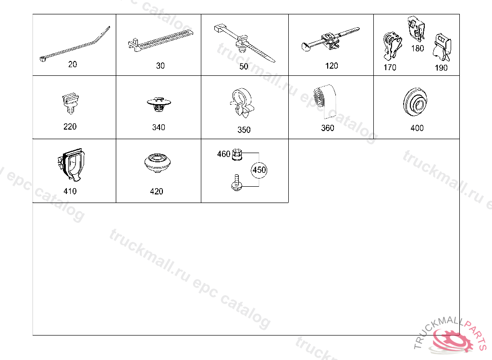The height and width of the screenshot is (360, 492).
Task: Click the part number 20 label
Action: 73,64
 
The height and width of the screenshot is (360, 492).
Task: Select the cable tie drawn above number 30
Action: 160,40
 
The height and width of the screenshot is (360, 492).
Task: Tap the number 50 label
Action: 244,67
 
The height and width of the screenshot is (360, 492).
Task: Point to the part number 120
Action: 332,66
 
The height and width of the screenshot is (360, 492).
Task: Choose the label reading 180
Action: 418,48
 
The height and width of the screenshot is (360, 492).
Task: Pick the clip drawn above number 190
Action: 442,48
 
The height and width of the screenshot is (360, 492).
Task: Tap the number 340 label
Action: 159,127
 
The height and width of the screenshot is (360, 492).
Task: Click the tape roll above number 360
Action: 324,101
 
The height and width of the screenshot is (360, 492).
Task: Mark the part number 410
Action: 70,192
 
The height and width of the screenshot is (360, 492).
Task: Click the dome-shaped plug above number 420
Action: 158,162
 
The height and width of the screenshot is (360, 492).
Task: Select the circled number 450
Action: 259,170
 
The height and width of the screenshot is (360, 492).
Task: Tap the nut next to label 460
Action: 237,155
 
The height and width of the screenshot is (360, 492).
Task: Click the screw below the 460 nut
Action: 237,183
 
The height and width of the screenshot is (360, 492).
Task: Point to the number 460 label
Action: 224,154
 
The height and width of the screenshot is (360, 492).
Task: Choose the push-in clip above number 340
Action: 159,105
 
